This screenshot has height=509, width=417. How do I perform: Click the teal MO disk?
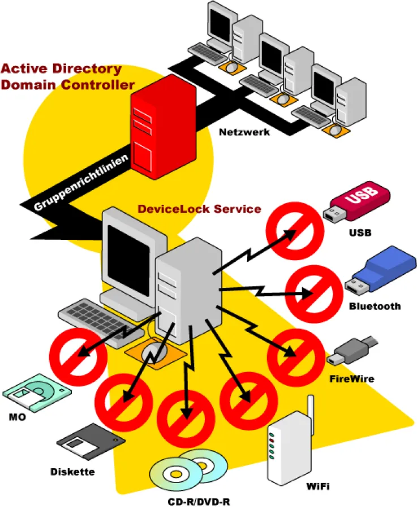coord(37,394)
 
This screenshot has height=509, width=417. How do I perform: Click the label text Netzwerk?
coord(244,132)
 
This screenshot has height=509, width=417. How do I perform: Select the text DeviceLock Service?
coord(199,209)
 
